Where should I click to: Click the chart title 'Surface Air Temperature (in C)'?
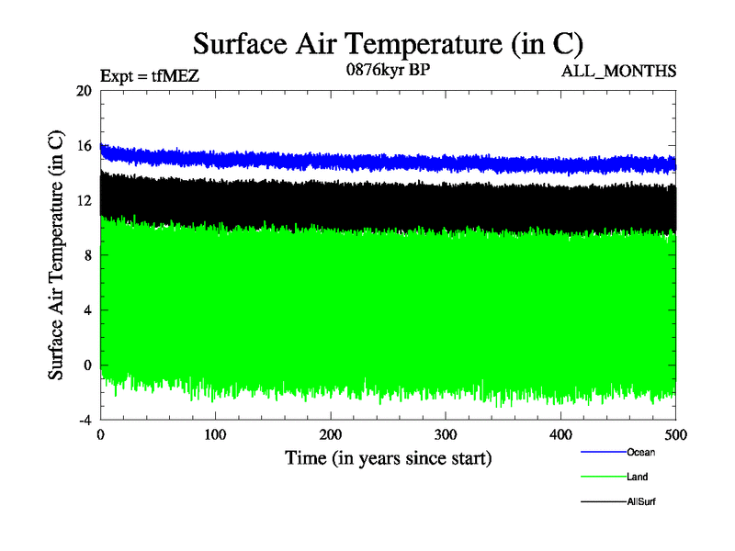pyautogui.click(x=388, y=43)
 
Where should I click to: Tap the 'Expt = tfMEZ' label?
pyautogui.click(x=150, y=76)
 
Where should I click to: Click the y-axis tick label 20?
pyautogui.click(x=84, y=91)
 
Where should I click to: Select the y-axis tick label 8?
pyautogui.click(x=87, y=255)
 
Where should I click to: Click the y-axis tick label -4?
pyautogui.click(x=84, y=420)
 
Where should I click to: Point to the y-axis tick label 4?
pyautogui.click(x=87, y=310)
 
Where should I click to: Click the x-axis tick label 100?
pyautogui.click(x=216, y=433)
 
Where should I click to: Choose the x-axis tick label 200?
pyautogui.click(x=331, y=433)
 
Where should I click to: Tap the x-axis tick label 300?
pyautogui.click(x=446, y=433)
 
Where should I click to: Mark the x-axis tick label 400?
pyautogui.click(x=560, y=433)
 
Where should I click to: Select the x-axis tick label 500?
pyautogui.click(x=675, y=433)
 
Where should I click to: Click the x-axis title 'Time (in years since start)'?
pyautogui.click(x=388, y=457)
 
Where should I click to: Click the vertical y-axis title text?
pyautogui.click(x=56, y=255)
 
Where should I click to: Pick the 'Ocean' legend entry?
pyautogui.click(x=640, y=452)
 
